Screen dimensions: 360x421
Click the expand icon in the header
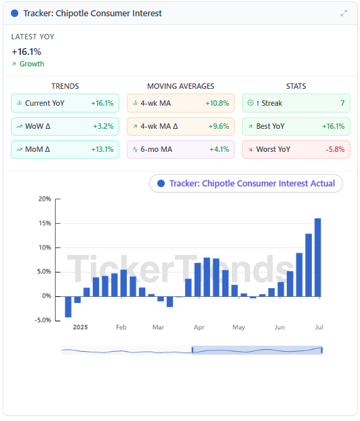tap(344, 13)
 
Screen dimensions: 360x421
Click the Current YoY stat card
tap(65, 103)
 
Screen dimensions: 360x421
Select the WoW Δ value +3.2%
tap(103, 126)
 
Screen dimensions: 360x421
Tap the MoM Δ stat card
tap(65, 149)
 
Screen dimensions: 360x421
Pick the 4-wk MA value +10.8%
tap(217, 103)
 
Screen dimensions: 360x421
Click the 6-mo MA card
tap(180, 149)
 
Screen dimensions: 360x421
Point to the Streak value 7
tap(342, 103)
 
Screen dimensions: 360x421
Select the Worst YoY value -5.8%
tap(335, 149)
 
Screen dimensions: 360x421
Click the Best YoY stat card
tap(296, 126)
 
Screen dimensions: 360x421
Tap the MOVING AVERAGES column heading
tap(180, 86)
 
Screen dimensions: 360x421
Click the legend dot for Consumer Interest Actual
tap(161, 183)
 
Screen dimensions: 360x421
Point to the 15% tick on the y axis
tap(45, 223)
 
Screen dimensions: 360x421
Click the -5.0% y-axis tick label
tap(43, 320)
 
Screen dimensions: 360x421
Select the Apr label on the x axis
tap(199, 327)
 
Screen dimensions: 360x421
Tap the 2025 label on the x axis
tap(80, 327)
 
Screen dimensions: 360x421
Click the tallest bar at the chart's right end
tap(317, 258)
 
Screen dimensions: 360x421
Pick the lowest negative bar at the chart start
tap(68, 307)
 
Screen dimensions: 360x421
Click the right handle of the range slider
tap(321, 350)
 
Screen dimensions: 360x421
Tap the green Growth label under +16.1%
tap(32, 64)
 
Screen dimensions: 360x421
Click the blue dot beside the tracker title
tap(14, 13)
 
